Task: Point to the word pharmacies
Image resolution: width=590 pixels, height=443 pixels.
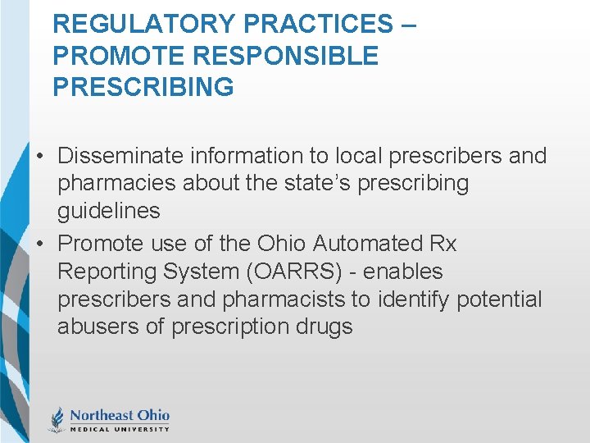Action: (117, 184)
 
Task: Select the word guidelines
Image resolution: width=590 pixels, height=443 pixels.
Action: (108, 212)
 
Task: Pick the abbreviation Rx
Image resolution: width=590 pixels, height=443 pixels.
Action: (442, 244)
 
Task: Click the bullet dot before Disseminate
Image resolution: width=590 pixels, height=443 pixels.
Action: (40, 157)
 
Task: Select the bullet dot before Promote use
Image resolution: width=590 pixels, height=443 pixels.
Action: (40, 244)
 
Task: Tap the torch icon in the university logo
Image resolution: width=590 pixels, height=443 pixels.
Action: (57, 419)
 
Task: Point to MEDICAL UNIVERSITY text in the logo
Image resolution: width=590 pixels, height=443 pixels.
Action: (119, 428)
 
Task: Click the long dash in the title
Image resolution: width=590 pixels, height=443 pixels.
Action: (408, 24)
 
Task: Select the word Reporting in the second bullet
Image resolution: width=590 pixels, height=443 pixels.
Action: (109, 272)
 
